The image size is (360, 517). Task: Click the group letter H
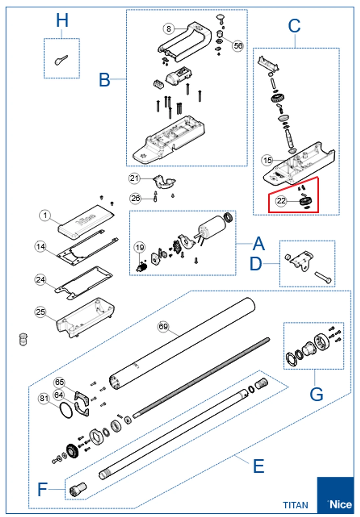(62, 20)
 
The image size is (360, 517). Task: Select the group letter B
(104, 80)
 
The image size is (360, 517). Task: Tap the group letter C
(294, 26)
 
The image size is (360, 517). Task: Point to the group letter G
(316, 394)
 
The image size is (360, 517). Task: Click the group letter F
(42, 489)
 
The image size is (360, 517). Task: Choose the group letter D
(256, 264)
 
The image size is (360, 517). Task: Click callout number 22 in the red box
(281, 201)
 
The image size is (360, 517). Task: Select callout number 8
(169, 29)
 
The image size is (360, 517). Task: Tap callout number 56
(238, 46)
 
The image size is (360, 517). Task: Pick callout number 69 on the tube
(163, 326)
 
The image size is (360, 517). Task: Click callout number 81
(44, 398)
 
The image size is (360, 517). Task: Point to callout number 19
(140, 248)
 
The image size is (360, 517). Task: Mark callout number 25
(40, 312)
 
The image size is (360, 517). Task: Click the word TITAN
(296, 505)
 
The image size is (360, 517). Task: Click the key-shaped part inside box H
(61, 60)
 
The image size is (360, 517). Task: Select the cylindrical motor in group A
(212, 227)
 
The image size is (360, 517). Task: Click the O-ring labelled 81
(67, 410)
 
